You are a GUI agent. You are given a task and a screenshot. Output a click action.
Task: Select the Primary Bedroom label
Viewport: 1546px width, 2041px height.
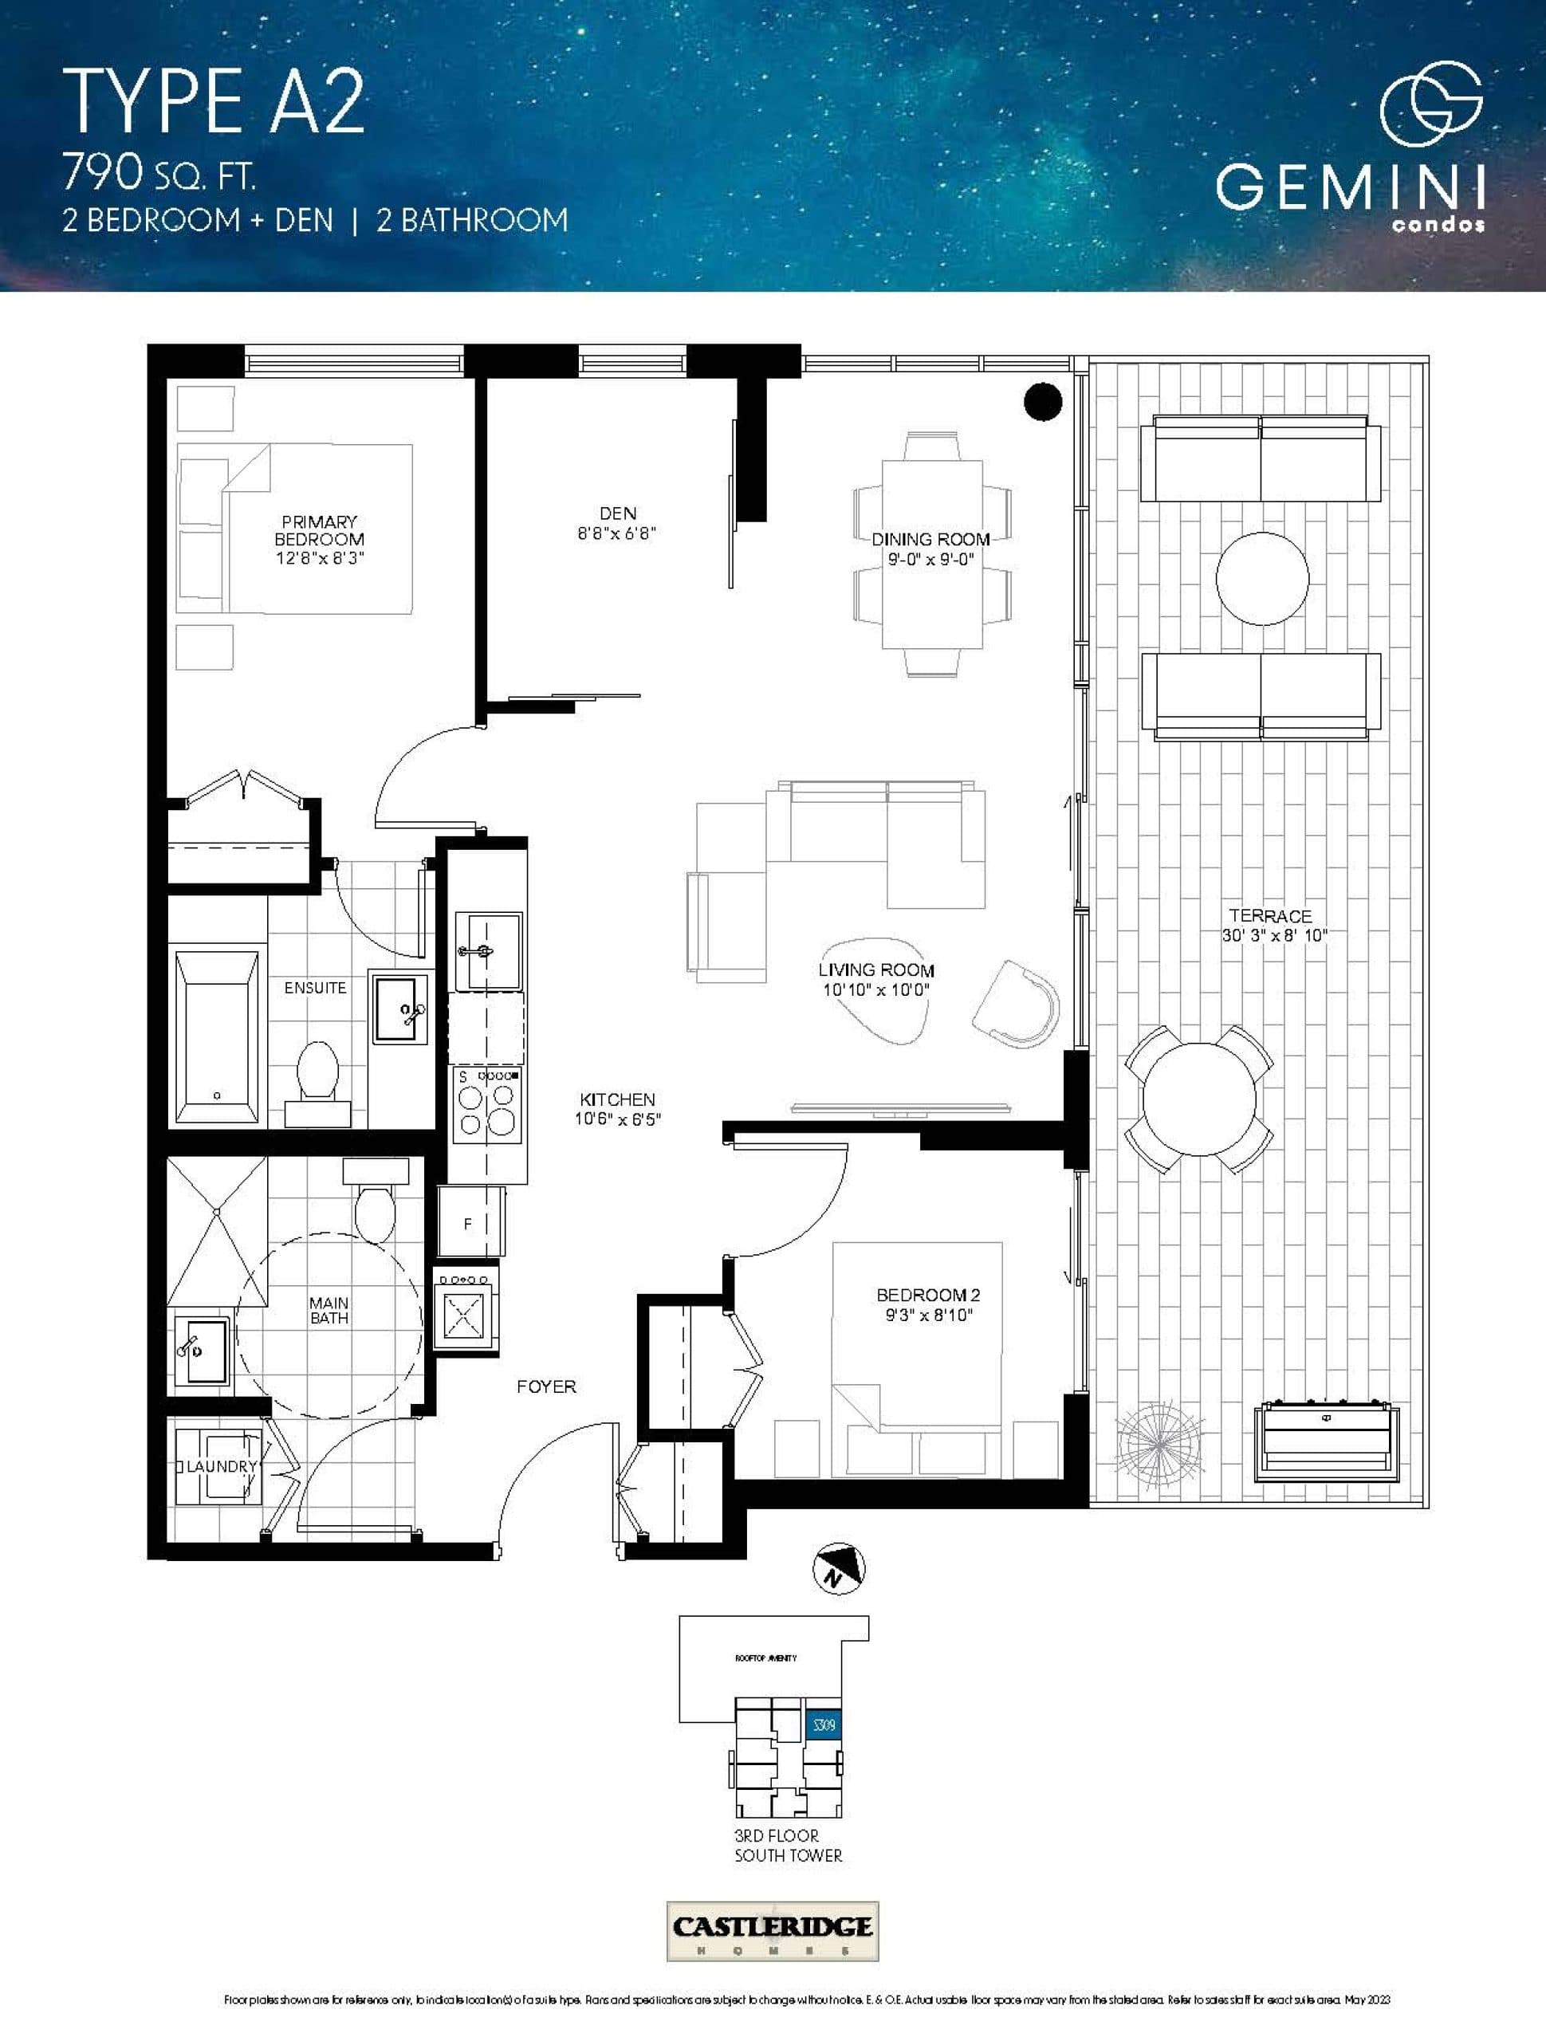pos(320,530)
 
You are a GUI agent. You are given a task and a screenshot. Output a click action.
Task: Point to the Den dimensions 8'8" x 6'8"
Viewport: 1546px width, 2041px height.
pos(616,533)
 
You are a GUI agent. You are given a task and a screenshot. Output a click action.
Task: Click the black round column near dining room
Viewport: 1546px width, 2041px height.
pos(1043,401)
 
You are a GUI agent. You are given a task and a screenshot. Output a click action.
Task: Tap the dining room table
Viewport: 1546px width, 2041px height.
pos(931,553)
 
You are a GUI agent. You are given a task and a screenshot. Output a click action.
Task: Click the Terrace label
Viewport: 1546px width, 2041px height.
pos(1270,916)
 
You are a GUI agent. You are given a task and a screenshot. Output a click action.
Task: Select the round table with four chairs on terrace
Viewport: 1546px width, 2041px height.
pos(1199,1099)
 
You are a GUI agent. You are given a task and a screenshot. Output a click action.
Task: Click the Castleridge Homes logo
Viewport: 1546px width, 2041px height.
pos(773,1931)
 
